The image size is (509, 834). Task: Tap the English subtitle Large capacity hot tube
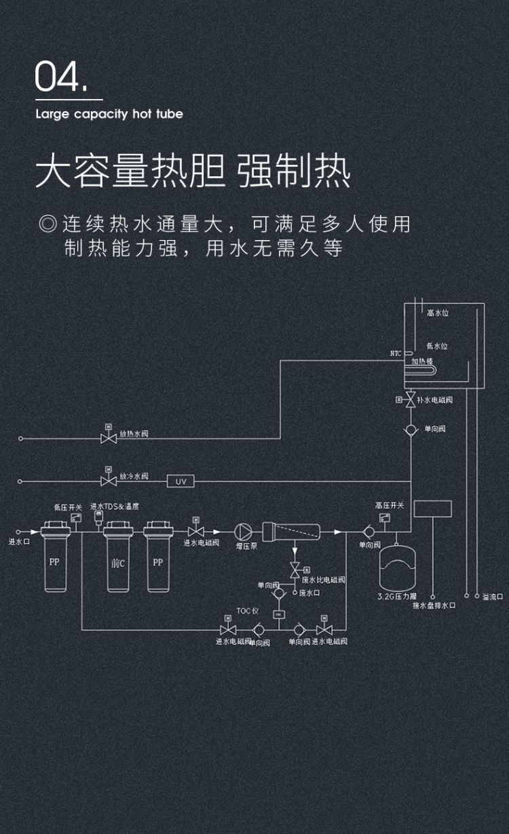(109, 114)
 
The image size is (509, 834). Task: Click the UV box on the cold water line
(181, 481)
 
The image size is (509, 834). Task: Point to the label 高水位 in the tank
(438, 313)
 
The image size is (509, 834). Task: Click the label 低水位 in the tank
(437, 346)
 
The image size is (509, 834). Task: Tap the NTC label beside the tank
(396, 353)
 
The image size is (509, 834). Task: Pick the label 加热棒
(422, 361)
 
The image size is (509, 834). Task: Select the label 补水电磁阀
(435, 400)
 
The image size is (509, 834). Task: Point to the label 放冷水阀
(134, 476)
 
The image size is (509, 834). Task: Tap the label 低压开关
(68, 507)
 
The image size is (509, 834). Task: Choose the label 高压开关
(390, 505)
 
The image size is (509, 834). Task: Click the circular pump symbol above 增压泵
(243, 531)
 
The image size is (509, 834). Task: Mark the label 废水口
(309, 593)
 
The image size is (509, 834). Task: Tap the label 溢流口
(493, 597)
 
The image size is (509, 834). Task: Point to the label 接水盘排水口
(434, 605)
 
